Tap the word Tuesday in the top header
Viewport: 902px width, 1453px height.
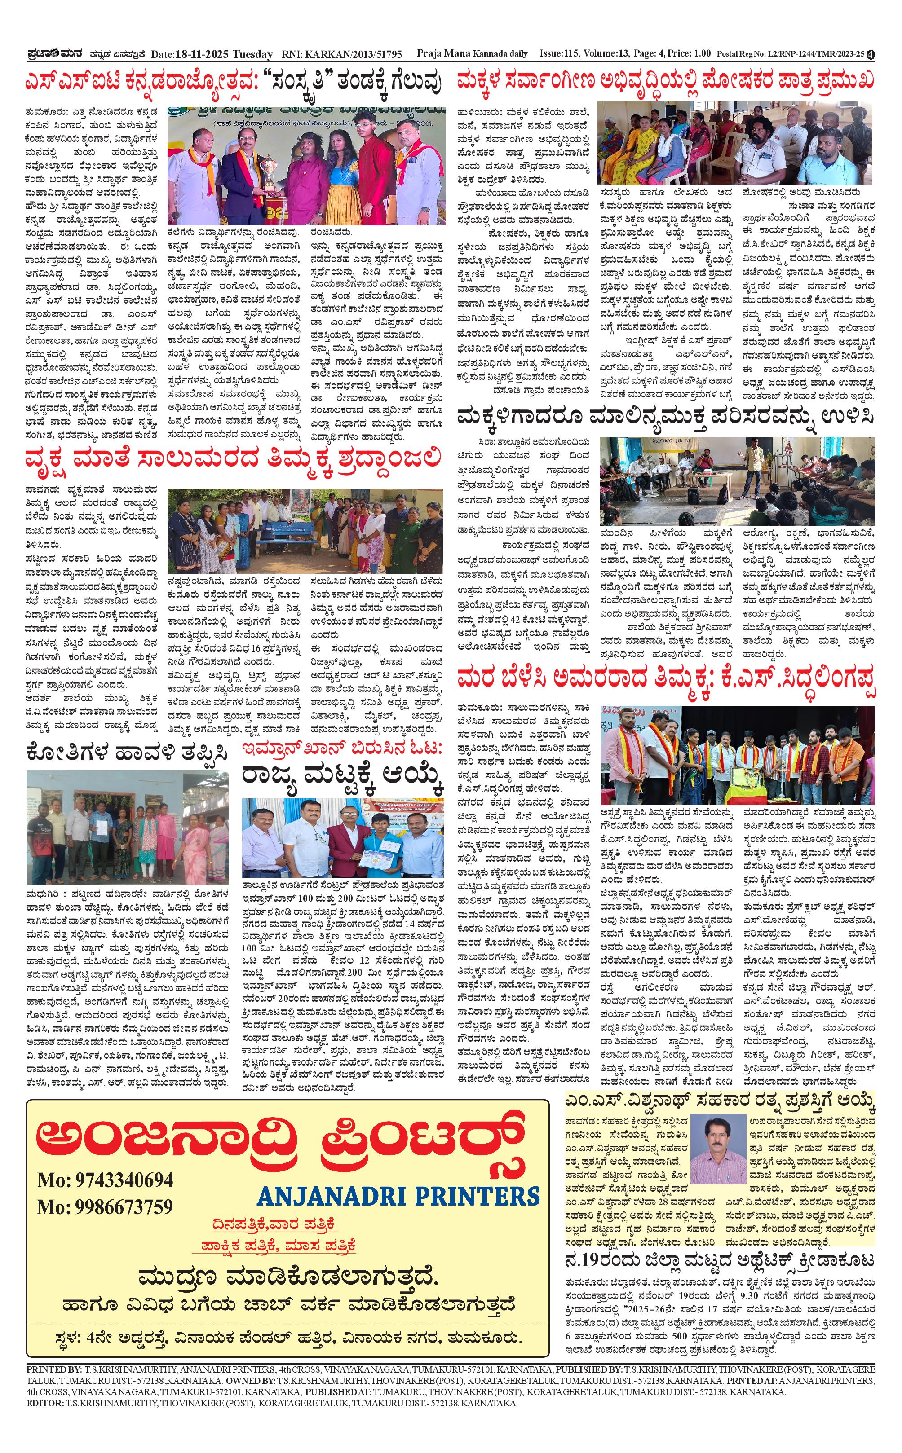coord(252,54)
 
